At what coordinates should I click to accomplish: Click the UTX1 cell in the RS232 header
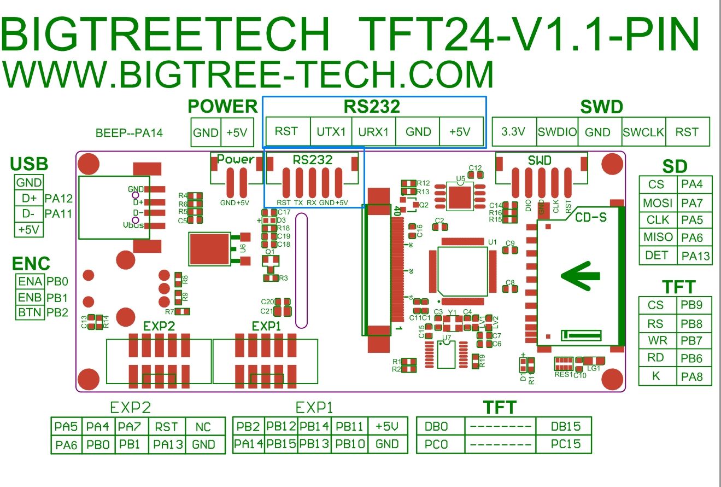(x=331, y=132)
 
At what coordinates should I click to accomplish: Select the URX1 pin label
(x=373, y=132)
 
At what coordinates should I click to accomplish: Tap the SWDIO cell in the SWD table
(x=557, y=132)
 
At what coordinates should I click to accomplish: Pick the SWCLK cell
(x=643, y=132)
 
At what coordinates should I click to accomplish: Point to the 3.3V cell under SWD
(x=514, y=132)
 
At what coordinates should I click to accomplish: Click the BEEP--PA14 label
(x=129, y=132)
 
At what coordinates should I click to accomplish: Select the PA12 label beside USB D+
(x=59, y=198)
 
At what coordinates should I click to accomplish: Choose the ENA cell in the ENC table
(x=30, y=282)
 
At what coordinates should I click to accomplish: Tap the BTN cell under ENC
(x=30, y=313)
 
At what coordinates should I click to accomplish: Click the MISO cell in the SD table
(x=658, y=237)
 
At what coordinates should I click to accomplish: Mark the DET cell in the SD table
(x=658, y=255)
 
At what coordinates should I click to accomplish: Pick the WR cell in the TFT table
(x=658, y=340)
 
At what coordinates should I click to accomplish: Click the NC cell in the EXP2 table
(x=203, y=427)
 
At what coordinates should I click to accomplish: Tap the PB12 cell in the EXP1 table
(x=282, y=426)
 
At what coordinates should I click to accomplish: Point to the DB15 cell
(x=566, y=426)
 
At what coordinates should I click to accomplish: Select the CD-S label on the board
(x=591, y=217)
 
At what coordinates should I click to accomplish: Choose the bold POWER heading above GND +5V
(x=222, y=106)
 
